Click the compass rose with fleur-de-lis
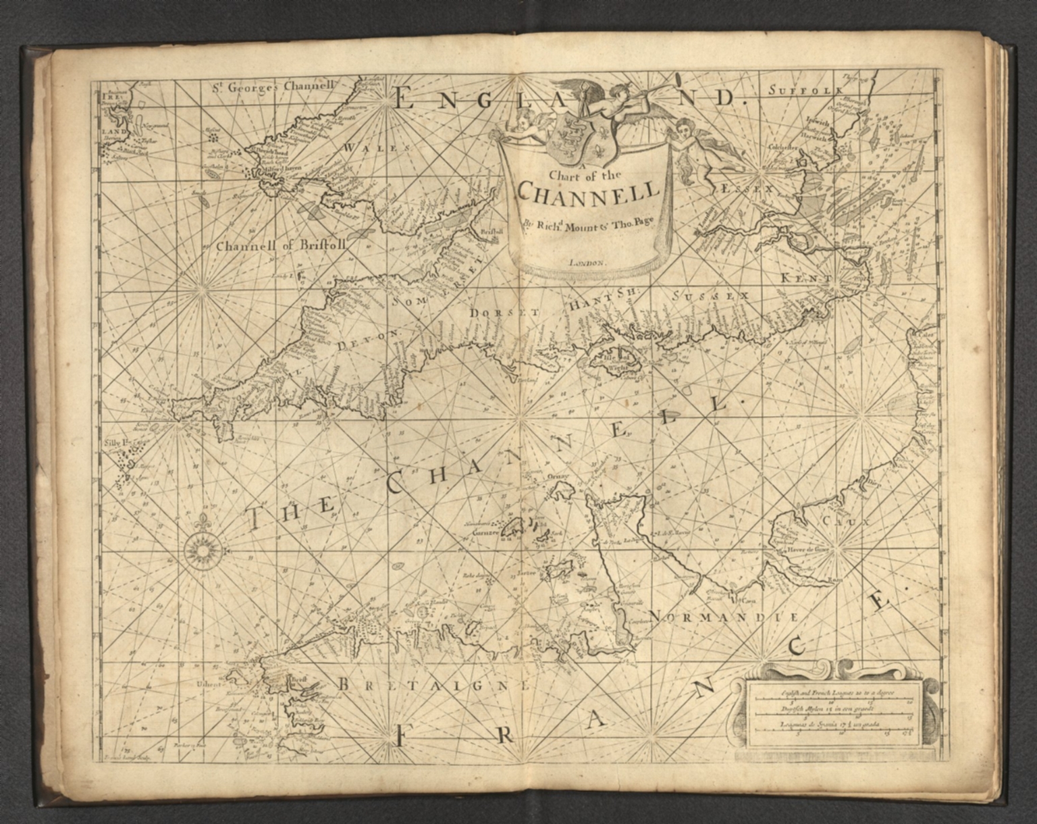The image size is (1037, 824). click(201, 547)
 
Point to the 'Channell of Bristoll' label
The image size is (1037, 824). click(281, 247)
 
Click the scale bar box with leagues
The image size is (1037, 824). click(834, 715)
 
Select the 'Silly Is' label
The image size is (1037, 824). click(116, 444)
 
